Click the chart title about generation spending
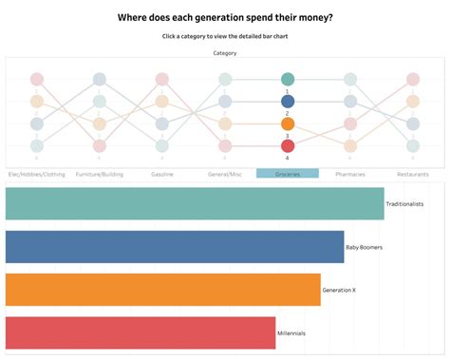pyautogui.click(x=225, y=17)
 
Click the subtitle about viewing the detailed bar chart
pyautogui.click(x=225, y=36)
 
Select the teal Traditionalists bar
pyautogui.click(x=195, y=204)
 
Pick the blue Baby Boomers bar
pyautogui.click(x=175, y=247)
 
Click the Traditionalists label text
pyautogui.click(x=404, y=204)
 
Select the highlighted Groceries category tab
pyautogui.click(x=288, y=175)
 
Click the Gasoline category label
pyautogui.click(x=161, y=175)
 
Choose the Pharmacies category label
pyautogui.click(x=350, y=175)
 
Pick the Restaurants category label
pyautogui.click(x=413, y=175)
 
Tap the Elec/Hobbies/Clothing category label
pyautogui.click(x=36, y=175)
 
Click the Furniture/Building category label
pyautogui.click(x=99, y=175)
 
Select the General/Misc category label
pyautogui.click(x=225, y=175)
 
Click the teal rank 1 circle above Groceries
pyautogui.click(x=288, y=80)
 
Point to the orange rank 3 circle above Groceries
pyautogui.click(x=288, y=123)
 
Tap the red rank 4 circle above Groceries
pyautogui.click(x=288, y=145)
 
